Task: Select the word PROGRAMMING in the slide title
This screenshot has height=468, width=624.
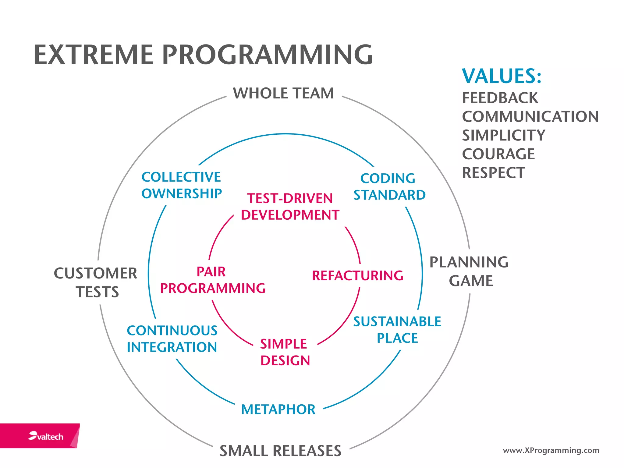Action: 267,55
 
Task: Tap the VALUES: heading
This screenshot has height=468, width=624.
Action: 502,76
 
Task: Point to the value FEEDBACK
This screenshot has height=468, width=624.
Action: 500,98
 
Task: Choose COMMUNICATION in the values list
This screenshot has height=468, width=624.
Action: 530,117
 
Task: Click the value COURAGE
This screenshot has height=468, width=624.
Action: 498,154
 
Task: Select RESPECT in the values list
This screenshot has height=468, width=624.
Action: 494,173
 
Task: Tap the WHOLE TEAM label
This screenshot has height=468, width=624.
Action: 283,93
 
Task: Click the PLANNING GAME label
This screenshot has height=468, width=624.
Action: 469,271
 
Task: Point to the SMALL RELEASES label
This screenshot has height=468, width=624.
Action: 280,451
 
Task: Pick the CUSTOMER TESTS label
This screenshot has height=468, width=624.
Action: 96,282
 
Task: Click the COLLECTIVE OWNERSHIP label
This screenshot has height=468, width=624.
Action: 182,185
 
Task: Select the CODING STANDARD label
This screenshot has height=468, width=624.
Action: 389,186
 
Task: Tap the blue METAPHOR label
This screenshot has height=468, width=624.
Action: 278,409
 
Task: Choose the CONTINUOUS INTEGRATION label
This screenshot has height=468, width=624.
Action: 172,339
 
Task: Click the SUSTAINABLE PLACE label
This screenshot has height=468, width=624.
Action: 397,330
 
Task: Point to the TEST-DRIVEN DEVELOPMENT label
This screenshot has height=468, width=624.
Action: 290,207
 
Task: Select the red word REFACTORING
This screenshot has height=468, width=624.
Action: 357,275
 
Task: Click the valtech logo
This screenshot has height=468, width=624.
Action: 46,436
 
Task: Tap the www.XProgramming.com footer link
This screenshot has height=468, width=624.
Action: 551,450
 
